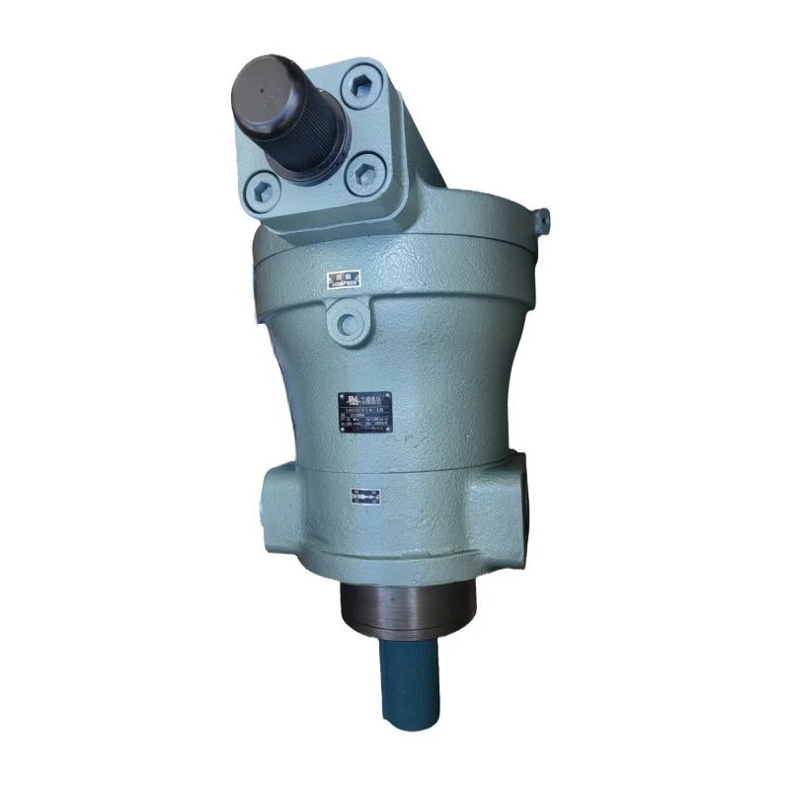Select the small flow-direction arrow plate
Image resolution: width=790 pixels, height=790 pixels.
point(365,495)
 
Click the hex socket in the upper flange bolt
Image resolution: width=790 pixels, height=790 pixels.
point(361,87)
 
